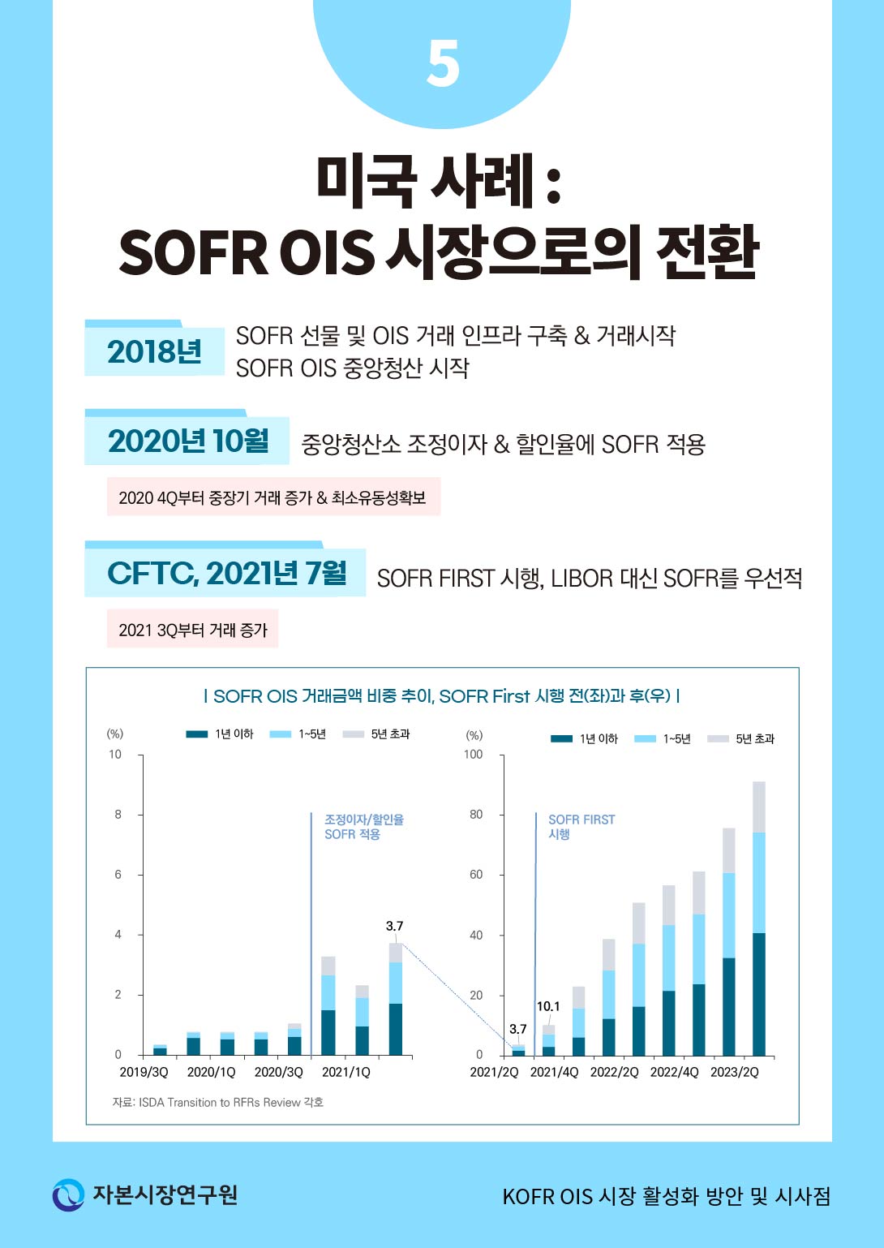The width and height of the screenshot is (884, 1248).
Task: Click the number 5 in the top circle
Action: (x=443, y=65)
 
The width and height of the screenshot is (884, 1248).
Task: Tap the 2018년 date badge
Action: (x=154, y=351)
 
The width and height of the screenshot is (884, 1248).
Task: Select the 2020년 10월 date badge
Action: (x=187, y=441)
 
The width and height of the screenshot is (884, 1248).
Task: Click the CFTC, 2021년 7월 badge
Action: (x=226, y=573)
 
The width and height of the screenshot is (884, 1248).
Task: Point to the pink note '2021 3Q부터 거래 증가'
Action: (x=193, y=630)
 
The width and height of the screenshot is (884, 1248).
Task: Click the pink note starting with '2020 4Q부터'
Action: (x=272, y=497)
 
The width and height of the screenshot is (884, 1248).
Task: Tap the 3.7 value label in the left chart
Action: (x=394, y=926)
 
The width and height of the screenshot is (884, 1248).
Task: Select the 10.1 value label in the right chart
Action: (x=548, y=1006)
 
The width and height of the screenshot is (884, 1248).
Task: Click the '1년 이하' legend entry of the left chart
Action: (x=221, y=734)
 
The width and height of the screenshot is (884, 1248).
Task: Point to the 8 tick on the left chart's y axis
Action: (x=118, y=815)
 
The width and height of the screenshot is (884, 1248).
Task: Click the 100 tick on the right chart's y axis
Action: (x=473, y=755)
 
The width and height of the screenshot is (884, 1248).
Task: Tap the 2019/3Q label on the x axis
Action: (x=144, y=1072)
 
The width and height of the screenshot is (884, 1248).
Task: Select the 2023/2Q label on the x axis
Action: (x=735, y=1072)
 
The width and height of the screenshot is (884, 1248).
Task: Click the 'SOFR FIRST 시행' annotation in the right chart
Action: (x=581, y=826)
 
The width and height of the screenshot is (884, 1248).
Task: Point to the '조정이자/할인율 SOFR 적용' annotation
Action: (x=363, y=826)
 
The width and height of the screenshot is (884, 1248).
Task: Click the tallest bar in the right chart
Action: (x=759, y=917)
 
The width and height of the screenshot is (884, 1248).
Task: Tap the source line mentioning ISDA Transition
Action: (x=217, y=1102)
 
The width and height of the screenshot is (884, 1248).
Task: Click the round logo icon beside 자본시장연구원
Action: (x=68, y=1194)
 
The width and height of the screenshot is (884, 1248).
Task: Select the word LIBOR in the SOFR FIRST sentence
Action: (x=581, y=579)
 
